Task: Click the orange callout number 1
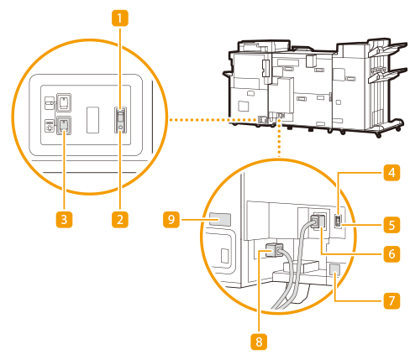click(120, 18)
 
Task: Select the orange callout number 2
click(120, 220)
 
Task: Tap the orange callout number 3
click(64, 220)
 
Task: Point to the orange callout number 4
click(392, 173)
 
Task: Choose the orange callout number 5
click(392, 225)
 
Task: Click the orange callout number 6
click(392, 254)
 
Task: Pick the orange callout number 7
click(392, 301)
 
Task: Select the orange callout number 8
click(259, 342)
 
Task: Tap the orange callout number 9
click(171, 220)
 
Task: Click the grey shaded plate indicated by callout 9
click(220, 219)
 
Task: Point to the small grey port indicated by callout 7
click(335, 269)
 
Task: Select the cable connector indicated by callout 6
click(318, 222)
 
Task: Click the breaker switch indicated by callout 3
click(64, 125)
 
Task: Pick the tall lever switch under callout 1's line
click(120, 120)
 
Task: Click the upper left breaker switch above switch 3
click(64, 102)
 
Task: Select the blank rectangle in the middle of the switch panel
click(92, 120)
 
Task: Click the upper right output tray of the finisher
click(388, 50)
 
